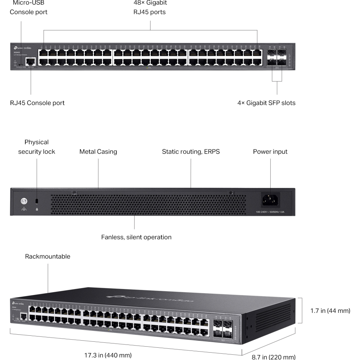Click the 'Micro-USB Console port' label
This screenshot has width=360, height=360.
pos(28,7)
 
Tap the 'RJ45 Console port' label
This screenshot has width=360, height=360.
pos(37,103)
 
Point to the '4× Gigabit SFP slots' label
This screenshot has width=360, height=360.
pos(266,103)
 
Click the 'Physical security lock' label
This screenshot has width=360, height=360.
pos(37,147)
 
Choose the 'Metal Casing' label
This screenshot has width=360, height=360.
pos(98,152)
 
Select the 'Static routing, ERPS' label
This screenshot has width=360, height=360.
pos(191,152)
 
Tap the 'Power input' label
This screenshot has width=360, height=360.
pos(270,152)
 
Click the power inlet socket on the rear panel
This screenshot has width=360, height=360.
pos(270,200)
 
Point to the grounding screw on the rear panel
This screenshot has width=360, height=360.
pos(24,201)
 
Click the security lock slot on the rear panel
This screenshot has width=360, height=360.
pos(37,201)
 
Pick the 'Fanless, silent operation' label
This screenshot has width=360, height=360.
pos(136,237)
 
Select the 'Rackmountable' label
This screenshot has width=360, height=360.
pos(47,257)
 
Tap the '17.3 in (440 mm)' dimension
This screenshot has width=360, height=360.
pos(108,355)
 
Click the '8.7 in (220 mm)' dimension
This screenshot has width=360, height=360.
pos(274,357)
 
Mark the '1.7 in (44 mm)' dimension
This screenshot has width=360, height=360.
pos(330,311)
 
